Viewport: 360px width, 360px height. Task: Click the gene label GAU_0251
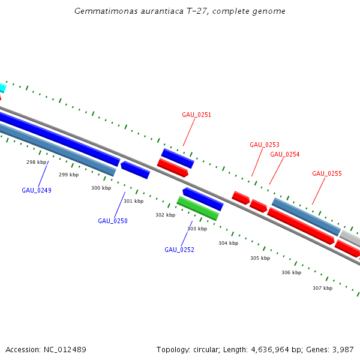[197, 115]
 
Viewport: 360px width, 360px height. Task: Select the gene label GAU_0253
[265, 145]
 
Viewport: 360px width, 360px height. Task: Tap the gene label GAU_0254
[285, 154]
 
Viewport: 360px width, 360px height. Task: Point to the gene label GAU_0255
[327, 173]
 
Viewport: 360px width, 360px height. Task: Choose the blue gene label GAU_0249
[37, 190]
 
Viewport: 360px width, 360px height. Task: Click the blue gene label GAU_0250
[113, 221]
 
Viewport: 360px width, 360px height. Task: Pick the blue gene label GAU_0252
[179, 250]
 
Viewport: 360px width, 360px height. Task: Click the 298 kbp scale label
[37, 162]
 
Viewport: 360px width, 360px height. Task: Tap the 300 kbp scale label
[101, 188]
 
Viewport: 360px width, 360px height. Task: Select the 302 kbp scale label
[166, 215]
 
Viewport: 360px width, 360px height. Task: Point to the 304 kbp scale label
[229, 243]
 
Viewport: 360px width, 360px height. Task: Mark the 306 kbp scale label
[292, 272]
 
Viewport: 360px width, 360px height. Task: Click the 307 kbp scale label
[323, 288]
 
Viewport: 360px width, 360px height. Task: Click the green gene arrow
[197, 208]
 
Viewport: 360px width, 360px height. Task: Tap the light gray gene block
[351, 239]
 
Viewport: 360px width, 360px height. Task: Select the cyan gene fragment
[2, 87]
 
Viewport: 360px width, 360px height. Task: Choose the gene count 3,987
[342, 350]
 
